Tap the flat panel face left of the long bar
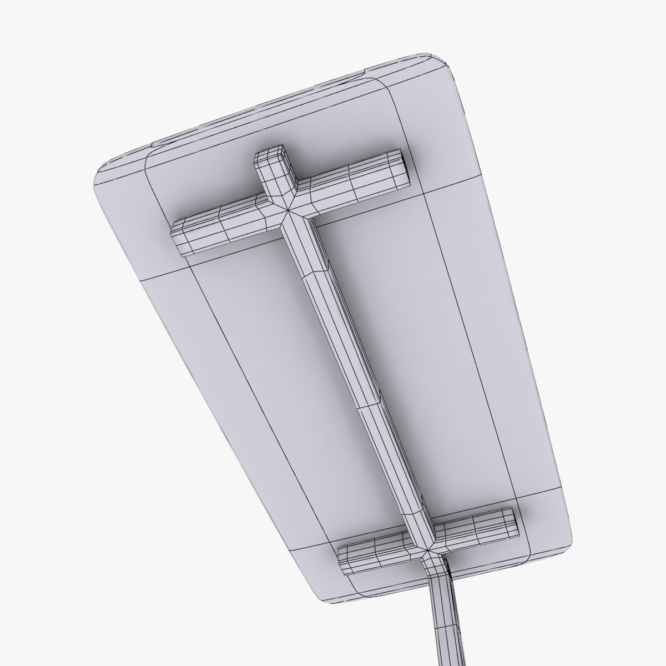point(250,361)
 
